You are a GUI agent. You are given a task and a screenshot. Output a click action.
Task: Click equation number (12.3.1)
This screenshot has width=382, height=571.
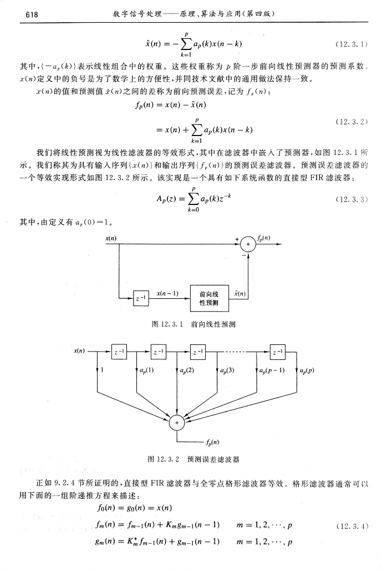353,42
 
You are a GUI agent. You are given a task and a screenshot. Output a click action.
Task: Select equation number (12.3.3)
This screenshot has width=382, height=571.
353,199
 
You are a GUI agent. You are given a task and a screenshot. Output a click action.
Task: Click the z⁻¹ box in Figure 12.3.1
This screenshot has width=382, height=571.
141,298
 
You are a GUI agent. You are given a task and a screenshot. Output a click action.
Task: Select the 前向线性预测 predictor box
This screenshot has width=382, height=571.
208,298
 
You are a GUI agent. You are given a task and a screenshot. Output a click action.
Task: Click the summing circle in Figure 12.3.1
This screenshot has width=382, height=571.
248,246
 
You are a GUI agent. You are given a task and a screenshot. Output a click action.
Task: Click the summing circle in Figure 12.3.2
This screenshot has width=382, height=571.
177,423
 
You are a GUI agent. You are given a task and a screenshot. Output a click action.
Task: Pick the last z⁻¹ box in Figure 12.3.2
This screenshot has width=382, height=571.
277,352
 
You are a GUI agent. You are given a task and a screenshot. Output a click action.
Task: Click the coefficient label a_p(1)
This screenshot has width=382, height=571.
147,370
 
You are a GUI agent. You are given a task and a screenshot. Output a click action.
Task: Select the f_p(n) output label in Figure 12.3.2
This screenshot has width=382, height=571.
211,443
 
